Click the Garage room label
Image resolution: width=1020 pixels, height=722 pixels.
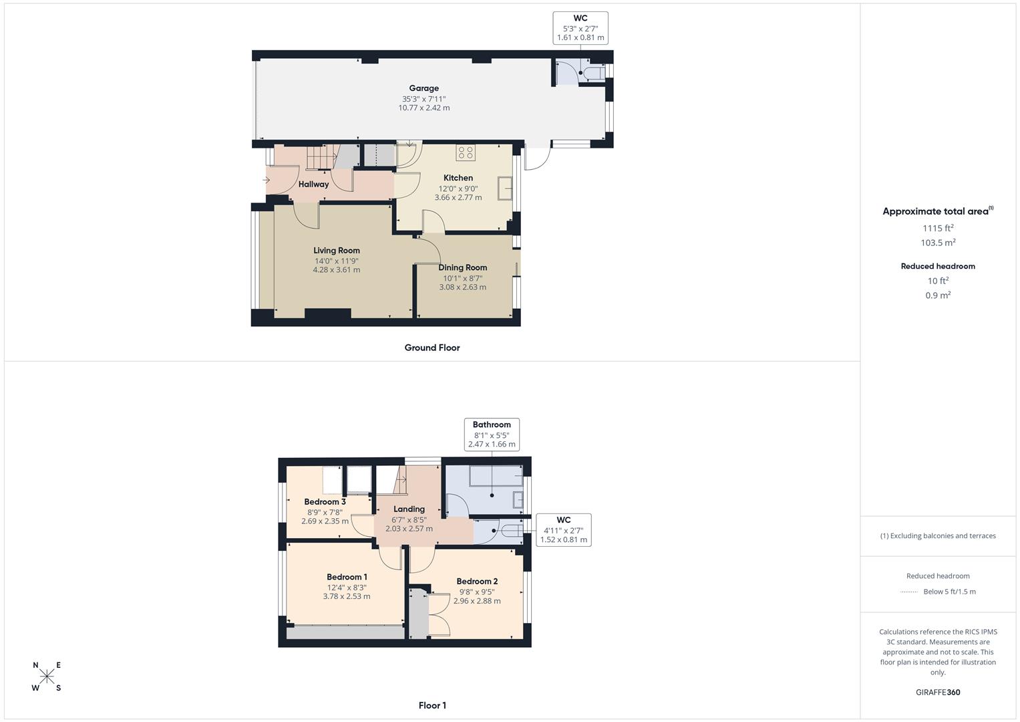click(424, 88)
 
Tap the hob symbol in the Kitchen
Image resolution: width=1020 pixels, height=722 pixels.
click(466, 152)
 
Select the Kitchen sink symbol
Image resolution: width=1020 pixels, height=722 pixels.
click(504, 187)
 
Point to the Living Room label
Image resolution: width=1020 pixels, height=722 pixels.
click(337, 251)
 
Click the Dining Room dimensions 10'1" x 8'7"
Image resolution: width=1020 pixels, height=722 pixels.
click(462, 277)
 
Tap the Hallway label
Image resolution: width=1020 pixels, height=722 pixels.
click(313, 185)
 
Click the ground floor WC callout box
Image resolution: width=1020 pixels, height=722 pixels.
click(580, 28)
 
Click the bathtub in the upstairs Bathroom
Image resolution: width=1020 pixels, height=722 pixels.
click(495, 476)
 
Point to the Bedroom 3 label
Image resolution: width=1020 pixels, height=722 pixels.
click(325, 502)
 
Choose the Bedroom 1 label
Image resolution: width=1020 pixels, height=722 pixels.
click(347, 577)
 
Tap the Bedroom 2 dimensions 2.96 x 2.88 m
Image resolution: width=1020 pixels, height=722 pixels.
click(477, 601)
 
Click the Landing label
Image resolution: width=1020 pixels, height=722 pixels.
click(409, 509)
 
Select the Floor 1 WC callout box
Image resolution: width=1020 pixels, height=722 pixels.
click(564, 529)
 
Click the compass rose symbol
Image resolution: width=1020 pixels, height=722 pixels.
click(47, 677)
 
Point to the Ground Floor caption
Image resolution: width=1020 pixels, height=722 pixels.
click(432, 348)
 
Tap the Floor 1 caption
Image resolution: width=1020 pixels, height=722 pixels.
click(432, 705)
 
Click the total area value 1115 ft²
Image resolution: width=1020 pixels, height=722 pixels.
click(938, 228)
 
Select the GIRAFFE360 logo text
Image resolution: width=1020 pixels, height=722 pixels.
click(938, 692)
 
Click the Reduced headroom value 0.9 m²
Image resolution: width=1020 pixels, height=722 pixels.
click(938, 295)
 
